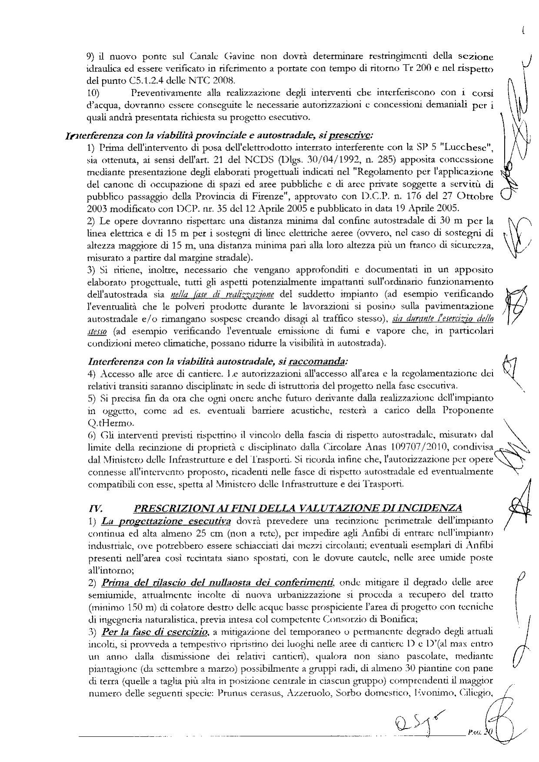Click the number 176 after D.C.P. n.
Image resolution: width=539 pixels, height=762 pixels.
click(398, 196)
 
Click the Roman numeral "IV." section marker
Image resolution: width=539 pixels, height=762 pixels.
click(96, 508)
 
